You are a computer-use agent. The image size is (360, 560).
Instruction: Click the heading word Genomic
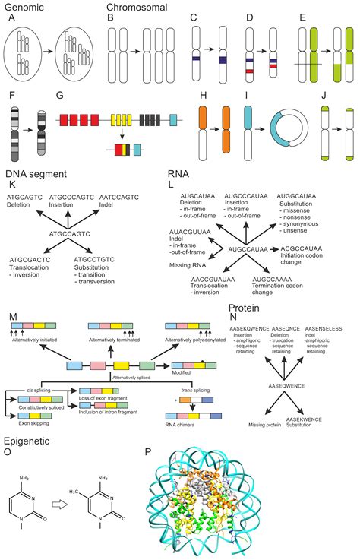point(23,6)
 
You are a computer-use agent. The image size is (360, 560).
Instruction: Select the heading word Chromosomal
point(134,6)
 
